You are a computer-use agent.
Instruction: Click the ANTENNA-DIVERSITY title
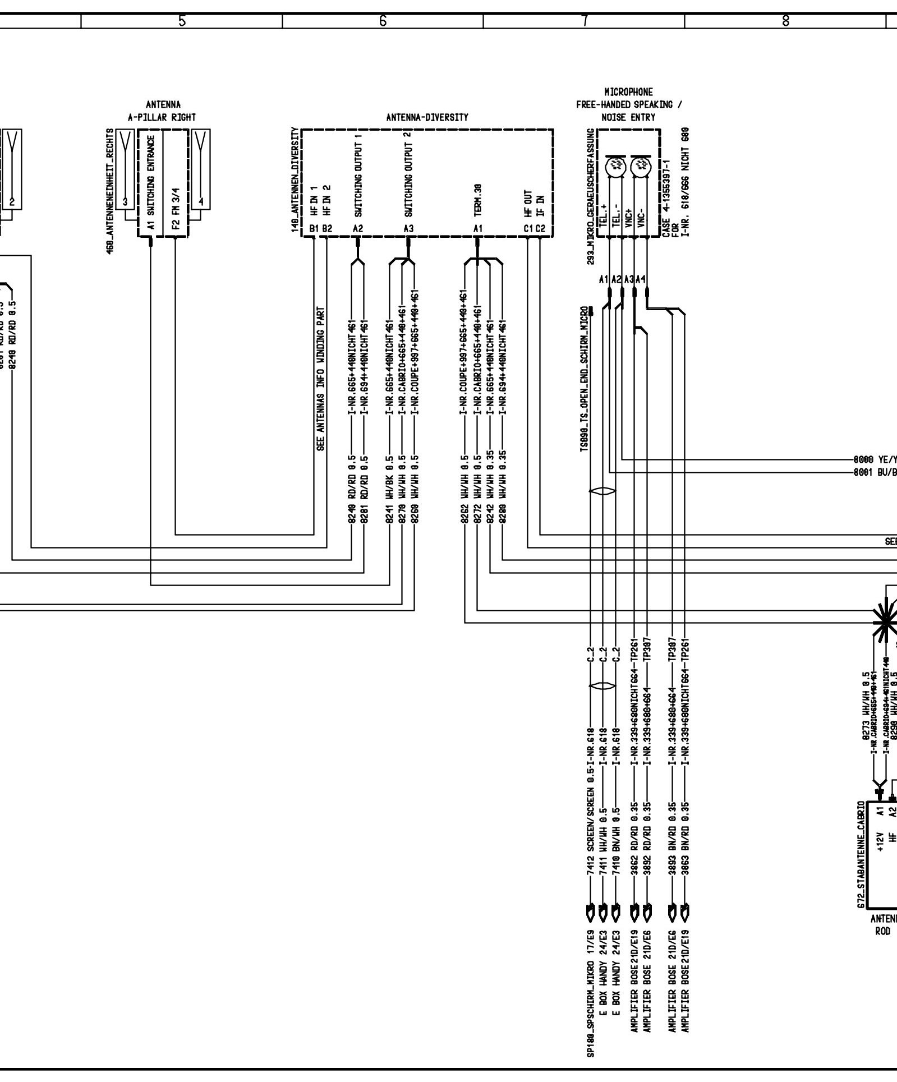[x=427, y=118]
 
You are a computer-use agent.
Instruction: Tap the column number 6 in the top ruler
[x=383, y=21]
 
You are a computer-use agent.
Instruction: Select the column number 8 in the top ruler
[x=785, y=21]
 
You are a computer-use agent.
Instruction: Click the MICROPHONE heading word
[x=628, y=92]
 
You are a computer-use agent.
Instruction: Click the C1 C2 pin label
[x=535, y=229]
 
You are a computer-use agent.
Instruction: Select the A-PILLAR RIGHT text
[x=163, y=118]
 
